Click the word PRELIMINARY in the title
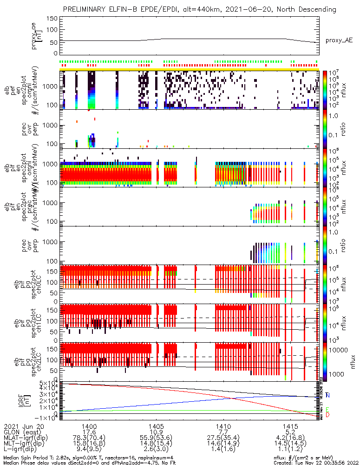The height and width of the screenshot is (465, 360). point(86,9)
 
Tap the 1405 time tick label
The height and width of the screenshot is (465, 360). point(156,425)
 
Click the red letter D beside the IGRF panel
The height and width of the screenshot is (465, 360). point(328,415)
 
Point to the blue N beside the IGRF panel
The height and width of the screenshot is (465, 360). point(328,395)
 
